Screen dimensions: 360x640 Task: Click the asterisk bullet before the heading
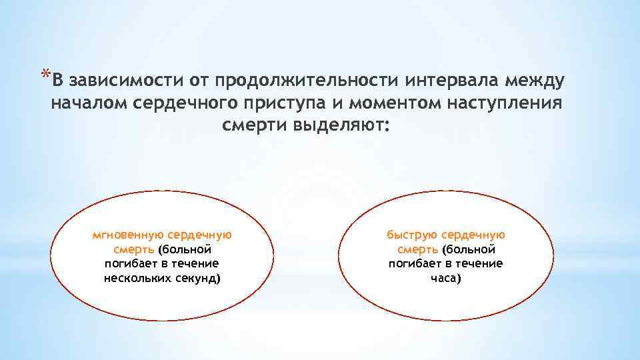(x=45, y=73)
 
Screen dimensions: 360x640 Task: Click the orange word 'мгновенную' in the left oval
(x=129, y=235)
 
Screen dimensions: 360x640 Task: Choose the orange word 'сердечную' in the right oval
(x=474, y=235)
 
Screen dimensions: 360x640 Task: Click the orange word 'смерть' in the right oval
(x=417, y=249)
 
